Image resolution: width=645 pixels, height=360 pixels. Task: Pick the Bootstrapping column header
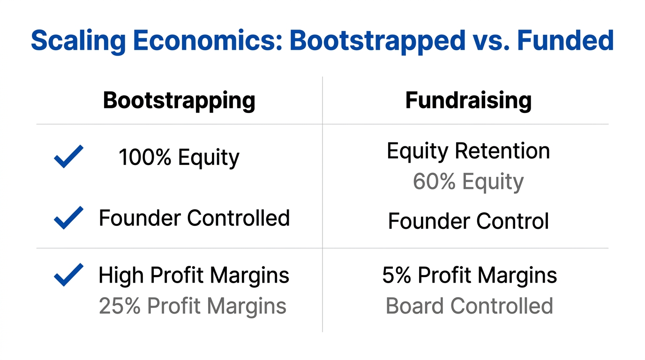coord(179,100)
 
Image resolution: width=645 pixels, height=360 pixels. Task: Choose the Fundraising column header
coord(468,100)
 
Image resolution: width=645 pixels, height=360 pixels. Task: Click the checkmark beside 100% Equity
coord(68,157)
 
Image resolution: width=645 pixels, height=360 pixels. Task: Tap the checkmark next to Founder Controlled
coord(68,217)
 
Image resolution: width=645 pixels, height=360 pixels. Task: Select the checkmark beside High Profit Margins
coord(68,275)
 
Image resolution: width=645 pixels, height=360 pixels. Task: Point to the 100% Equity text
coord(179,157)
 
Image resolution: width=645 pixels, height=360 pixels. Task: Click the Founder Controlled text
coord(194,218)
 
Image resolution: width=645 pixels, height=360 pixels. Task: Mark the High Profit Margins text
coord(194,276)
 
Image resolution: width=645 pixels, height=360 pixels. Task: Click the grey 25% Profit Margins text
coord(193,306)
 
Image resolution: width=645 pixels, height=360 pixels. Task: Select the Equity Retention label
coord(468,151)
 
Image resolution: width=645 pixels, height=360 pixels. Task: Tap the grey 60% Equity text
coord(468,182)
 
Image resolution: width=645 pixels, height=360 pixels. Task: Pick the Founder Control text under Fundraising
coord(468,221)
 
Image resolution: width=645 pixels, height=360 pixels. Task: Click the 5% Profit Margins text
coord(469,276)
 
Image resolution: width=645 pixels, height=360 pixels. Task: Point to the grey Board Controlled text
coord(469,306)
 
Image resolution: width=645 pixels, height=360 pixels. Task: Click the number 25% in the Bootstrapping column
coord(120,306)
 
